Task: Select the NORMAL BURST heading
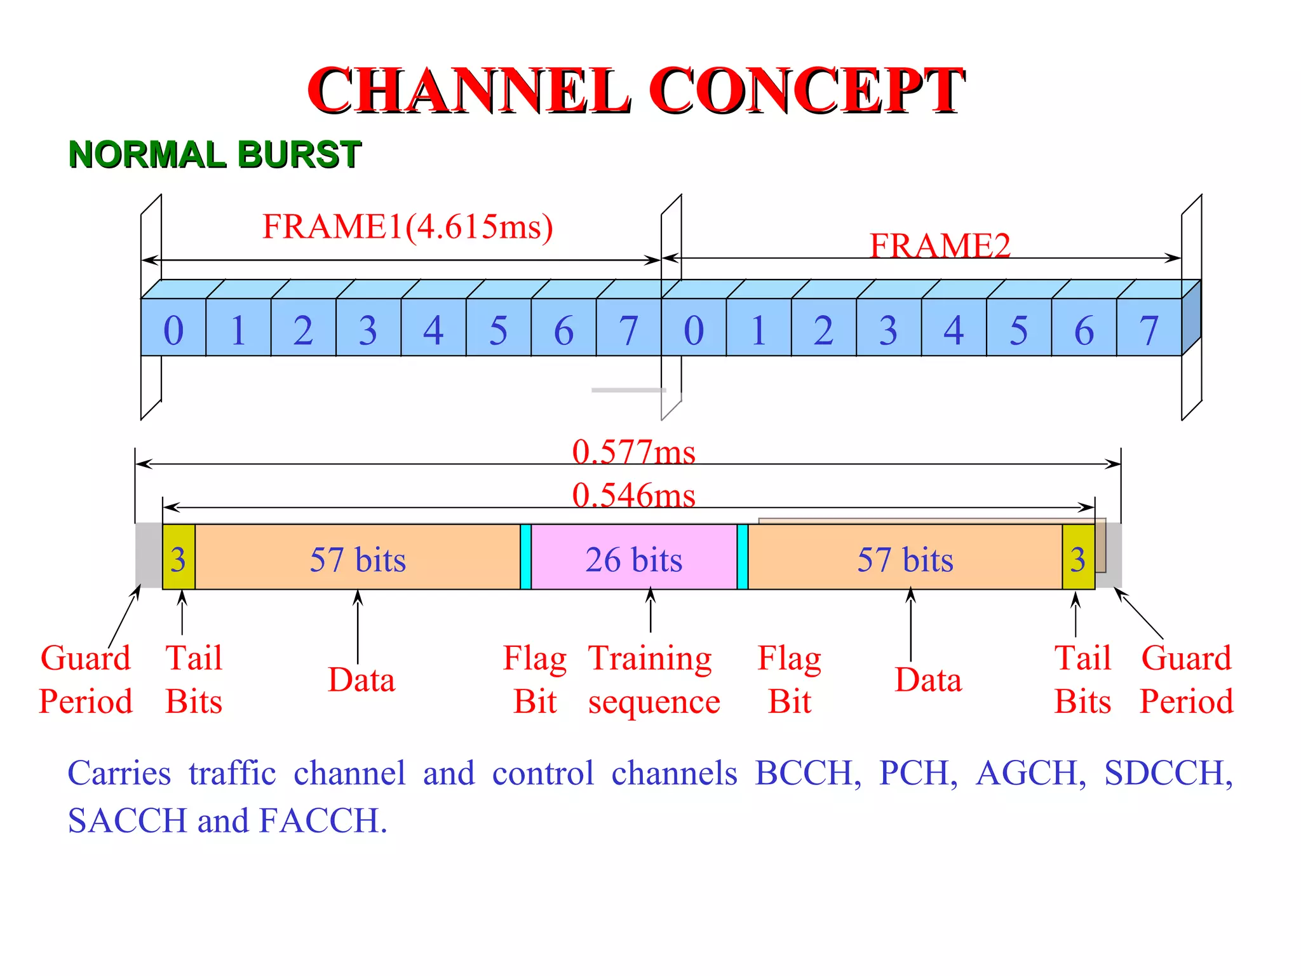[215, 154]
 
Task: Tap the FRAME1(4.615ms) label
[408, 227]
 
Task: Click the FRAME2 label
[940, 246]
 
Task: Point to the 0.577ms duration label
[633, 452]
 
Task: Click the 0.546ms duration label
[633, 495]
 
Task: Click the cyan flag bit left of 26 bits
[525, 557]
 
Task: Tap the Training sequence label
[652, 679]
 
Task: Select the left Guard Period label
[86, 679]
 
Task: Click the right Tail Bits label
[1082, 679]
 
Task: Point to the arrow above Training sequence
[650, 610]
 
